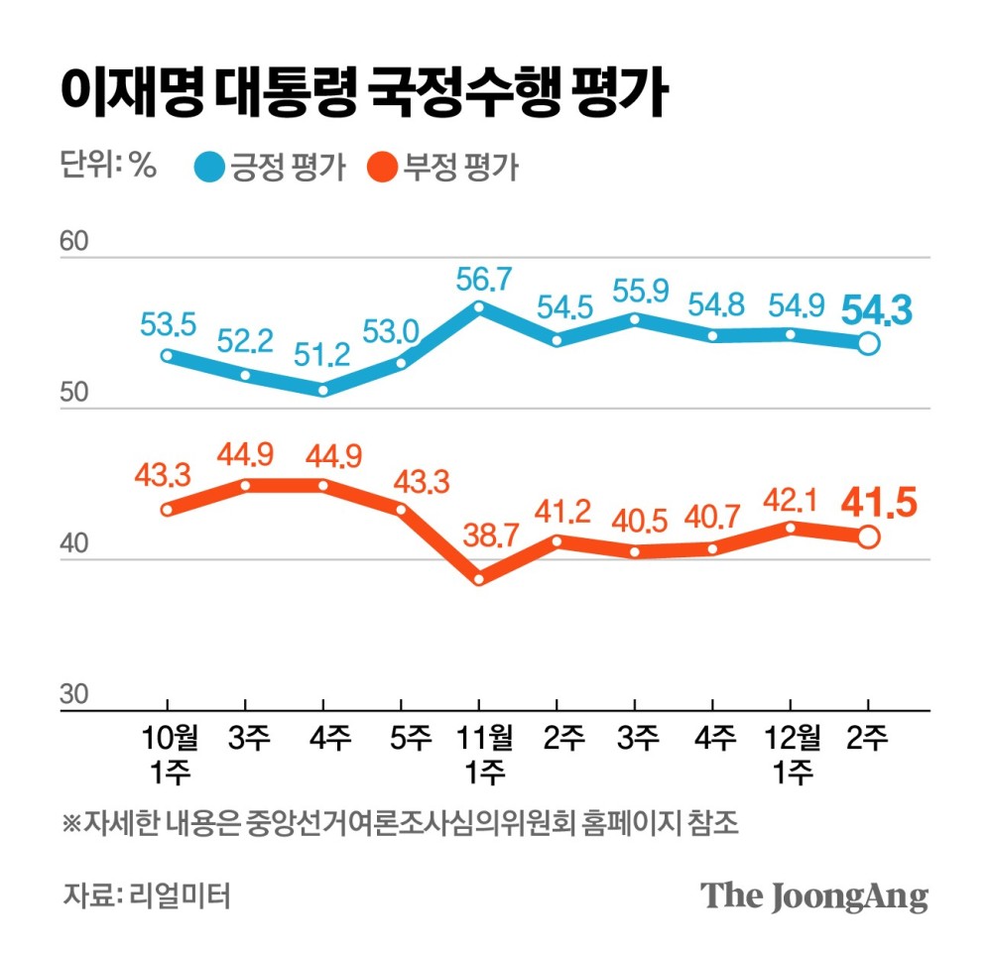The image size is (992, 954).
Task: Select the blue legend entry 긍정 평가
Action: click(269, 168)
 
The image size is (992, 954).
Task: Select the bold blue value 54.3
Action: click(877, 310)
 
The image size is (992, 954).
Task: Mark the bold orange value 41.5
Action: click(877, 504)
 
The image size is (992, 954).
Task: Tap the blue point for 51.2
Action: click(324, 390)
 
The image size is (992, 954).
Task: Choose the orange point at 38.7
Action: click(479, 579)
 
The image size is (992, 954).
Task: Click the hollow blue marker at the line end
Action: click(867, 344)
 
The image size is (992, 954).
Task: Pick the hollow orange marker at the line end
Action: click(867, 537)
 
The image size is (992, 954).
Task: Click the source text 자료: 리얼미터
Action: click(147, 895)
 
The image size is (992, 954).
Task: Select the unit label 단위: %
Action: click(108, 167)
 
